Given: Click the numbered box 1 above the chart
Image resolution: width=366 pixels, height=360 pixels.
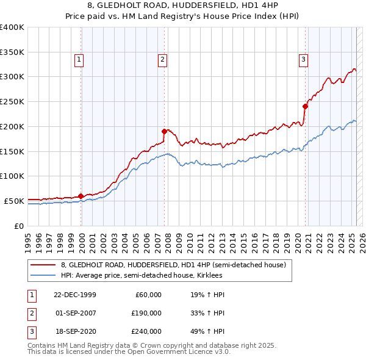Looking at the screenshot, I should click(80, 59).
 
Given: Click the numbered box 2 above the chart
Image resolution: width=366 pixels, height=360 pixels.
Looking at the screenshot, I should click(163, 59).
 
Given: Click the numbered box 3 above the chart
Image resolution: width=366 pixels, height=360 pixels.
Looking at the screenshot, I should click(303, 59).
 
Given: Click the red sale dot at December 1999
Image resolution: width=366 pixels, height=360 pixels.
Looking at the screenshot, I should click(81, 196).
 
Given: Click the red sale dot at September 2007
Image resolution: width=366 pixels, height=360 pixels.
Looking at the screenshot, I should click(164, 131).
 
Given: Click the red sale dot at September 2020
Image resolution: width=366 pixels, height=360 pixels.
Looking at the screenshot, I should click(306, 106).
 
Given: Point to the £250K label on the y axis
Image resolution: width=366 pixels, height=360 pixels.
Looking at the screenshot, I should click(12, 102).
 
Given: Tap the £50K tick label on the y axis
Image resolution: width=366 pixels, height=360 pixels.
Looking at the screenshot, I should click(14, 201).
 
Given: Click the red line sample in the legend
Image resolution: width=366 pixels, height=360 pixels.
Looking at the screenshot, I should click(44, 265).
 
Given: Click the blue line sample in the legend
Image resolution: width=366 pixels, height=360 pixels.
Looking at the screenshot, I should click(44, 275).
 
